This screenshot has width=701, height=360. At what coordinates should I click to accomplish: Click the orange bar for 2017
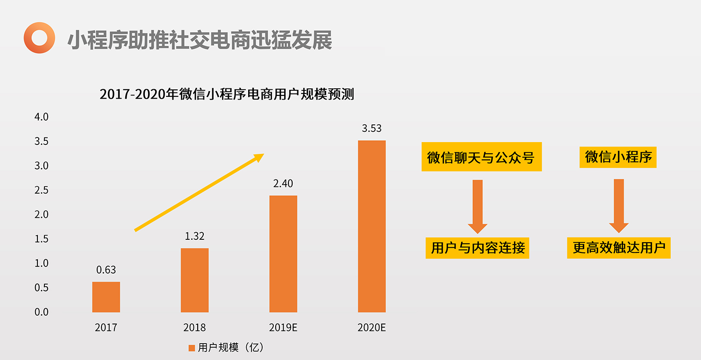point(106,297)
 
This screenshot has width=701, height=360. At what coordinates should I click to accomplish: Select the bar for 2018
point(194,280)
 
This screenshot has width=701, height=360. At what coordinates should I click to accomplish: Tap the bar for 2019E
point(283,254)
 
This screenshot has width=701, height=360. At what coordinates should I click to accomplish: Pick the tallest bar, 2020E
point(372,226)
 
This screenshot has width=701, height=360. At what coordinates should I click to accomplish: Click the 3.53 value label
point(372,128)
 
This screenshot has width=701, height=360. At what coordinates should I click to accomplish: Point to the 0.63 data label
point(106,270)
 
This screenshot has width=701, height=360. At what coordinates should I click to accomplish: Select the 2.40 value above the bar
point(283,183)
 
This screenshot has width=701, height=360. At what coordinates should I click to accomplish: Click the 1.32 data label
point(194,236)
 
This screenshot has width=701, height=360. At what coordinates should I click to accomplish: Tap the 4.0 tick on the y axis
point(41,117)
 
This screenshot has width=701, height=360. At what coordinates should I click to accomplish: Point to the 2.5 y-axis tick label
point(41,190)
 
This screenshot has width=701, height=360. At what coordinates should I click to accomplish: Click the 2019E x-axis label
point(283,327)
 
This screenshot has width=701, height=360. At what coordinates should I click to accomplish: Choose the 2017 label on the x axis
point(106,327)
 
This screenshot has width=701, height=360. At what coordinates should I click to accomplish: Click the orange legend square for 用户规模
point(191,347)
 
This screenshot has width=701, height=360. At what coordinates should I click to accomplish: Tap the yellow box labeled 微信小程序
point(618,157)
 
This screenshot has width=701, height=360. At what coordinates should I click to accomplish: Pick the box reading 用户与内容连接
point(478,247)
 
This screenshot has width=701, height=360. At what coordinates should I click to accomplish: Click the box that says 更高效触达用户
point(619,247)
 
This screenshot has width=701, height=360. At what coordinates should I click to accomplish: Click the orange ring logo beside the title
point(39,38)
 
